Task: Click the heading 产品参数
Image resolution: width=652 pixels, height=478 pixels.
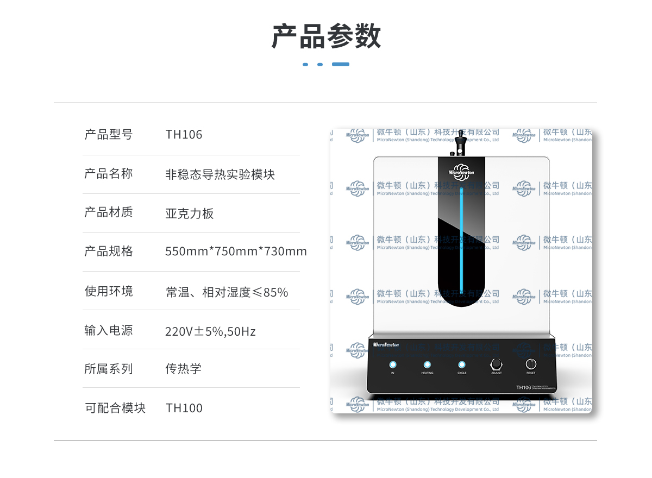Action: (x=326, y=36)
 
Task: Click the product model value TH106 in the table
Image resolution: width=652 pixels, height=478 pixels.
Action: (x=184, y=135)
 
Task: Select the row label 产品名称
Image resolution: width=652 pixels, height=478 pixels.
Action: (x=108, y=174)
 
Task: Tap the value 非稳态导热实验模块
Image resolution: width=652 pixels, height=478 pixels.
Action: (x=220, y=174)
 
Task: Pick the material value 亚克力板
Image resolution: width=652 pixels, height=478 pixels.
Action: (x=190, y=213)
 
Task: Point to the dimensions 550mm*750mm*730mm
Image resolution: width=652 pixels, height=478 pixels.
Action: (x=236, y=251)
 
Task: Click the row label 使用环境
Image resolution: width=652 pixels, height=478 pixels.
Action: (x=108, y=291)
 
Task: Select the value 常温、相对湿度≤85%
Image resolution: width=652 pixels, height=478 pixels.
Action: (x=227, y=292)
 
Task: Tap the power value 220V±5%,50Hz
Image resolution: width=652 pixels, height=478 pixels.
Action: (x=210, y=331)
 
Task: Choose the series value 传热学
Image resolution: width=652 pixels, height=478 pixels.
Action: (x=183, y=369)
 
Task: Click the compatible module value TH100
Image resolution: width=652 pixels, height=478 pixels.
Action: (x=184, y=408)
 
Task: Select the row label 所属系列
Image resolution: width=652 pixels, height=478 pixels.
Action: (x=108, y=369)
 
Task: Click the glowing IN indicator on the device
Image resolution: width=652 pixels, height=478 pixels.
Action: (x=393, y=364)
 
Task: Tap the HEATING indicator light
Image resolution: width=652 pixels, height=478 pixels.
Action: (x=427, y=364)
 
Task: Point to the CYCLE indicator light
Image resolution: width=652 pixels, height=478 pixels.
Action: (x=462, y=364)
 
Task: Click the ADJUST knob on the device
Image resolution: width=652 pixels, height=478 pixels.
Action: (x=496, y=364)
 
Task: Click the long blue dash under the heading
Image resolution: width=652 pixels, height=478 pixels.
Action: (x=341, y=64)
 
